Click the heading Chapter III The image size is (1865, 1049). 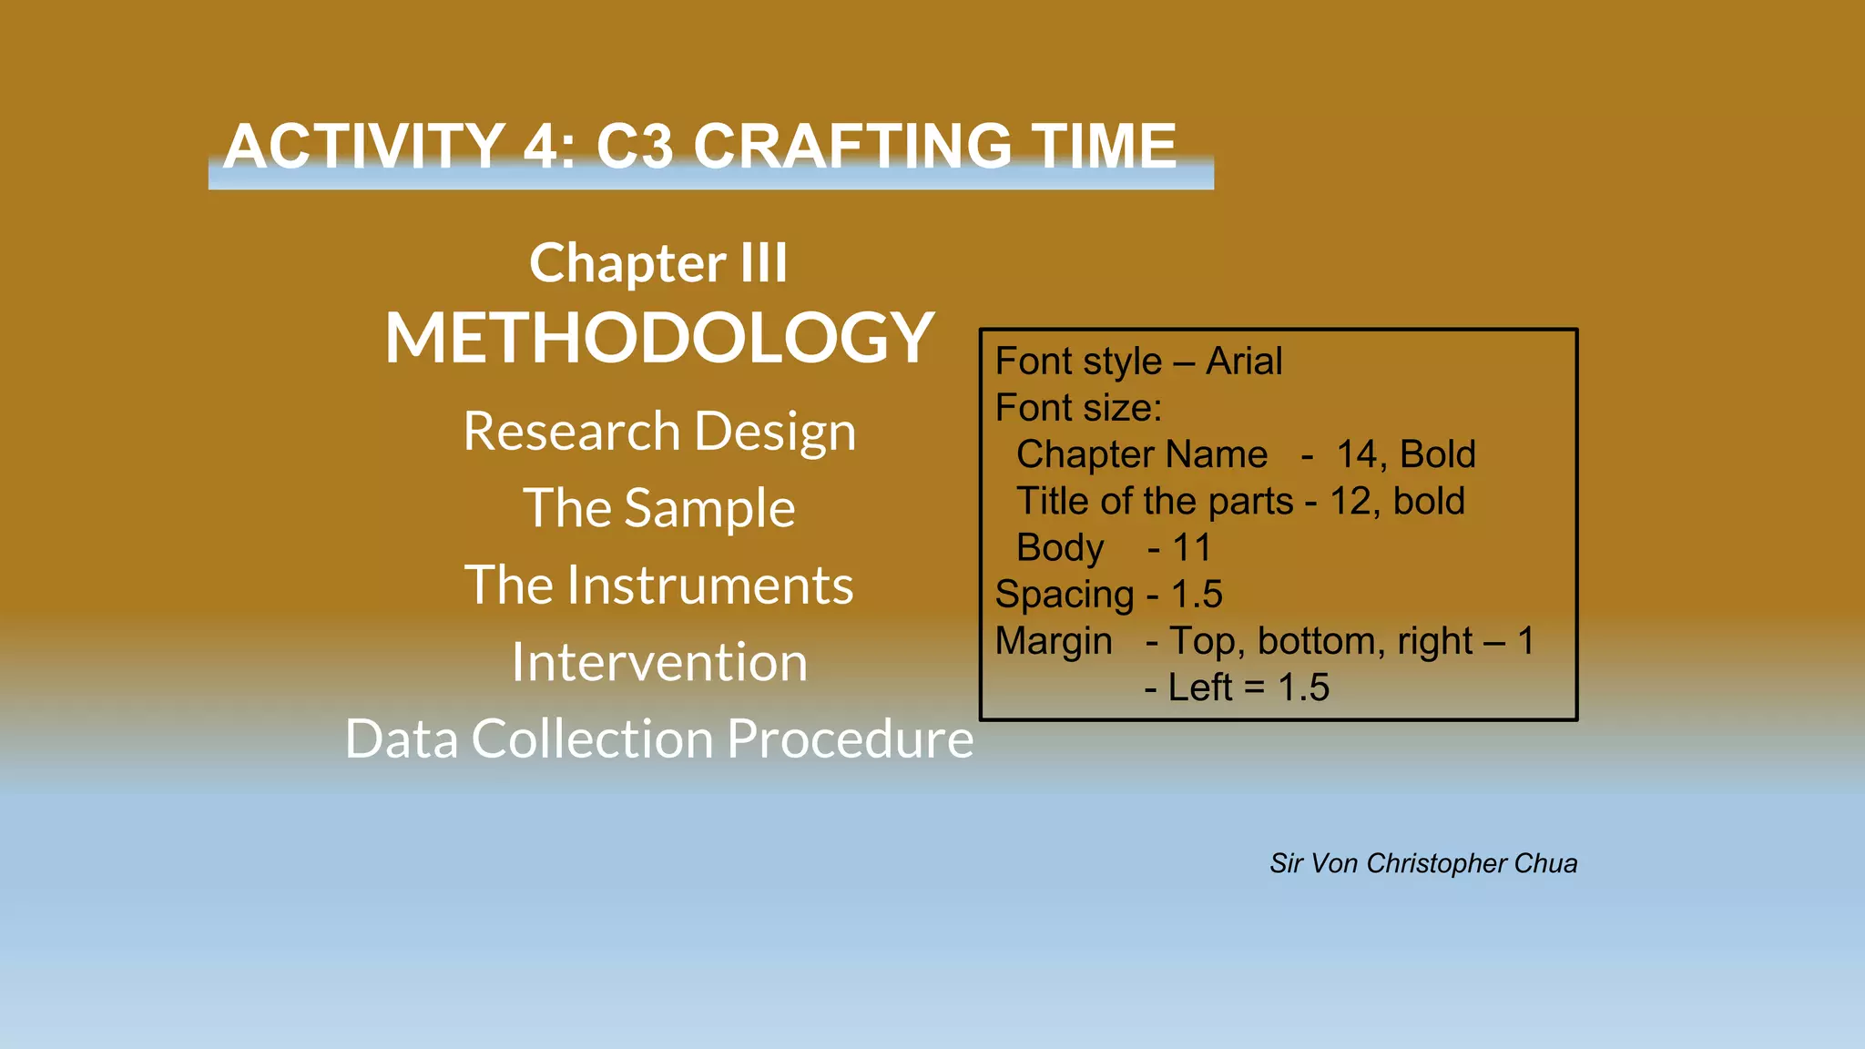click(x=658, y=263)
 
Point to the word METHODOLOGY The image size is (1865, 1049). click(x=659, y=338)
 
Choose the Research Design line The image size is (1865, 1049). click(x=659, y=431)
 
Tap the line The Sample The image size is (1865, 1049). click(x=659, y=508)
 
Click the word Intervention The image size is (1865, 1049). click(x=659, y=662)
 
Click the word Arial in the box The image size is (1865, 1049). click(x=1244, y=362)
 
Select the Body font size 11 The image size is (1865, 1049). click(x=1191, y=548)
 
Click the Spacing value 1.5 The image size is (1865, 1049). click(x=1197, y=595)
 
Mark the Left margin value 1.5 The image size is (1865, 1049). click(x=1303, y=687)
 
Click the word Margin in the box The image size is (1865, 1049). click(x=1054, y=641)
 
